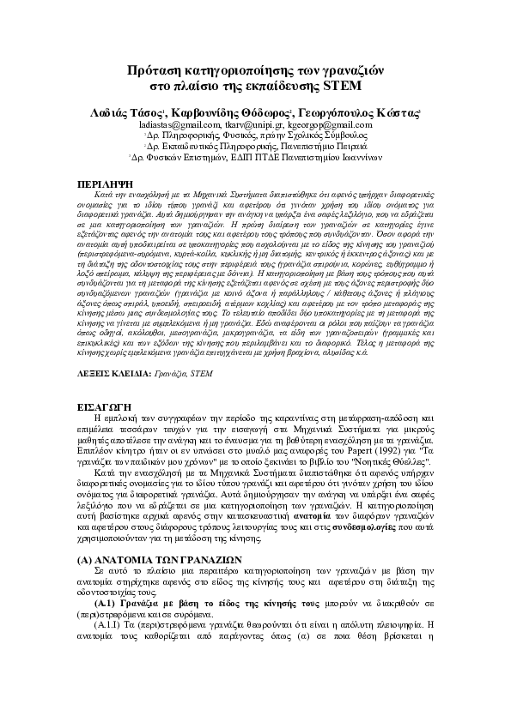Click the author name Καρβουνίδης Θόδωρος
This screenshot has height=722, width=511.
point(243,112)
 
